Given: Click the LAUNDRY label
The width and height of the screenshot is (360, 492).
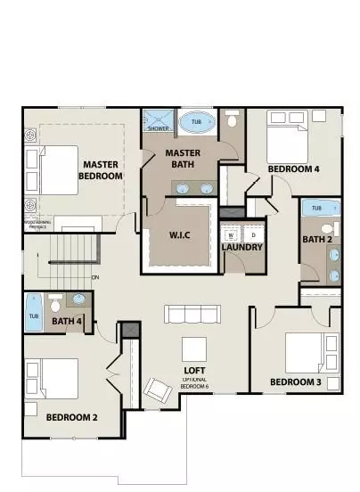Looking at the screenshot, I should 241,246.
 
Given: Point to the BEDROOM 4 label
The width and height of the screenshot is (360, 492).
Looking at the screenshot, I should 293,168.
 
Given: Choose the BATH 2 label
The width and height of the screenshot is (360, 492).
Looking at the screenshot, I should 317,239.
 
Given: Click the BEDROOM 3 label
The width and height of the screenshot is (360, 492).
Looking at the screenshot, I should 294,383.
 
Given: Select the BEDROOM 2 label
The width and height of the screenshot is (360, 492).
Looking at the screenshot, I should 71,416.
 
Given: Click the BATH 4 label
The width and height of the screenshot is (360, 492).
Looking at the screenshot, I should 67,322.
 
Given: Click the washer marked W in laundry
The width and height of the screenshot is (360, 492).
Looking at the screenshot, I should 232,234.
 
